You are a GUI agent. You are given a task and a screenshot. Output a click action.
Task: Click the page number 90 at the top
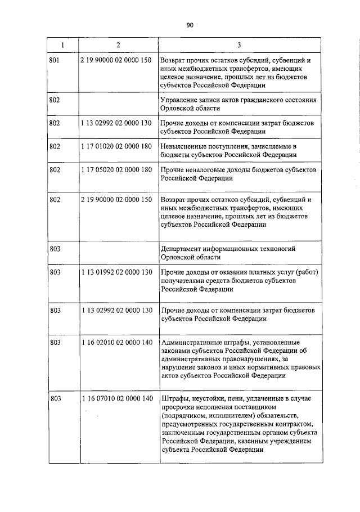pyautogui.click(x=190, y=25)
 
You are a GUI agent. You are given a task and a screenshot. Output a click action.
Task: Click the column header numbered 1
pyautogui.click(x=62, y=44)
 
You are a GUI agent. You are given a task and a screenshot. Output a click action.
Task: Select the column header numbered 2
pyautogui.click(x=118, y=44)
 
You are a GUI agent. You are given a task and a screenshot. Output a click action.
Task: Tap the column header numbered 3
pyautogui.click(x=239, y=44)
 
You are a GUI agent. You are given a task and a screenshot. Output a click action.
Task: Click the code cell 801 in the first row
pyautogui.click(x=55, y=59)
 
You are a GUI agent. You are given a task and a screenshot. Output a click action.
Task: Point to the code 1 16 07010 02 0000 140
pyautogui.click(x=117, y=398)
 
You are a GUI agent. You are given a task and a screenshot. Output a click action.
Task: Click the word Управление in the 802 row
pyautogui.click(x=179, y=100)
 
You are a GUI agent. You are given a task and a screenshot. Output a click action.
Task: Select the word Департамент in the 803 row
pyautogui.click(x=182, y=248)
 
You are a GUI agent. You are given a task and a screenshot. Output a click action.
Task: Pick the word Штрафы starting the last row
pyautogui.click(x=174, y=398)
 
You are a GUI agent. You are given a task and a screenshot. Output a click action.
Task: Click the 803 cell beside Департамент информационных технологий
pyautogui.click(x=55, y=248)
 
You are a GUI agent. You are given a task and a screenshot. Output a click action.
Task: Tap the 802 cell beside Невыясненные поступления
pyautogui.click(x=55, y=146)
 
